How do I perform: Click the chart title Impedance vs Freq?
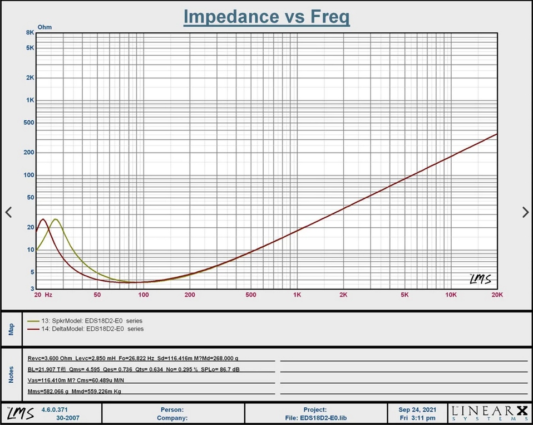point(266,17)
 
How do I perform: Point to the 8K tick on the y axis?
point(29,32)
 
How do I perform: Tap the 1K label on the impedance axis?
point(29,100)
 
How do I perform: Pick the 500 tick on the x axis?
point(251,294)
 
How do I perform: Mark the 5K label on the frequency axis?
point(404,294)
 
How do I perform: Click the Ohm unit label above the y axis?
point(44,26)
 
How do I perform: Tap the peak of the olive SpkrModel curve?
point(55,219)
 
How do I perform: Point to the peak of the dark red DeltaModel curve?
point(43,219)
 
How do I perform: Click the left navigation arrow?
point(8,212)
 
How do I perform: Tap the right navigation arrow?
point(525,212)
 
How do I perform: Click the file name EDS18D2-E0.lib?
point(315,417)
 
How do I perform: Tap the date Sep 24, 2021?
point(417,409)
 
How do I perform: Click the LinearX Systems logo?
point(488,413)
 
